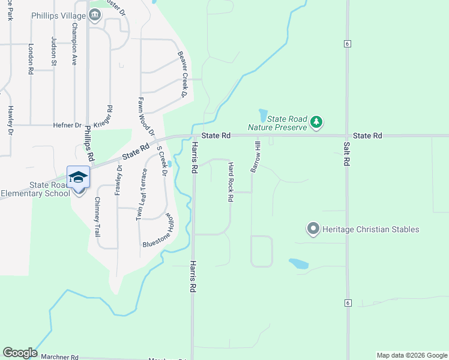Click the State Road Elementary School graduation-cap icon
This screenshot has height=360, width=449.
coord(78,177)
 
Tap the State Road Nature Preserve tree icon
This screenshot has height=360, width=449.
coord(316,123)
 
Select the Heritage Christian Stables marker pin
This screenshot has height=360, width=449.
coord(313,229)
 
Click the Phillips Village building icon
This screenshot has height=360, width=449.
coord(95,15)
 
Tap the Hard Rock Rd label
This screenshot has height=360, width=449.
coord(231,182)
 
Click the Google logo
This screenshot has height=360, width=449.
coord(19,353)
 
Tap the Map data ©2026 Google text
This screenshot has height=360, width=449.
coord(412,355)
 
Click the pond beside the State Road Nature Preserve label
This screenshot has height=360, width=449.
coord(263,114)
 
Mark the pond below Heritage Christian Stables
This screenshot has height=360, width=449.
coord(299,263)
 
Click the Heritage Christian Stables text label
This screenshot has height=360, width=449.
coord(370,229)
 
